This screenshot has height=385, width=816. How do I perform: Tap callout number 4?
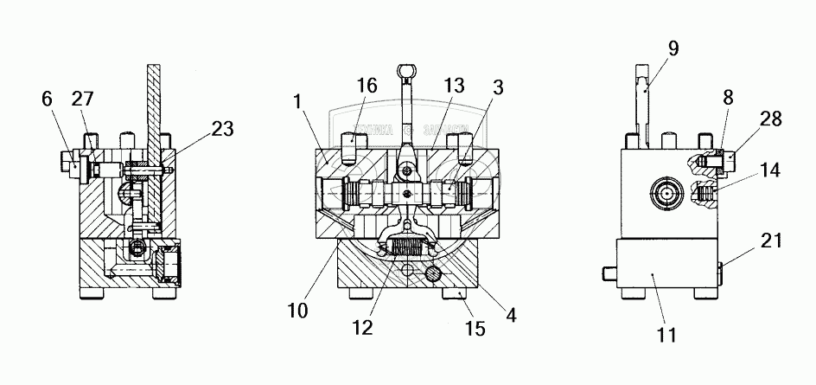coord(512,315)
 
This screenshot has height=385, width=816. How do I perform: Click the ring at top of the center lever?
coord(407,70)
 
